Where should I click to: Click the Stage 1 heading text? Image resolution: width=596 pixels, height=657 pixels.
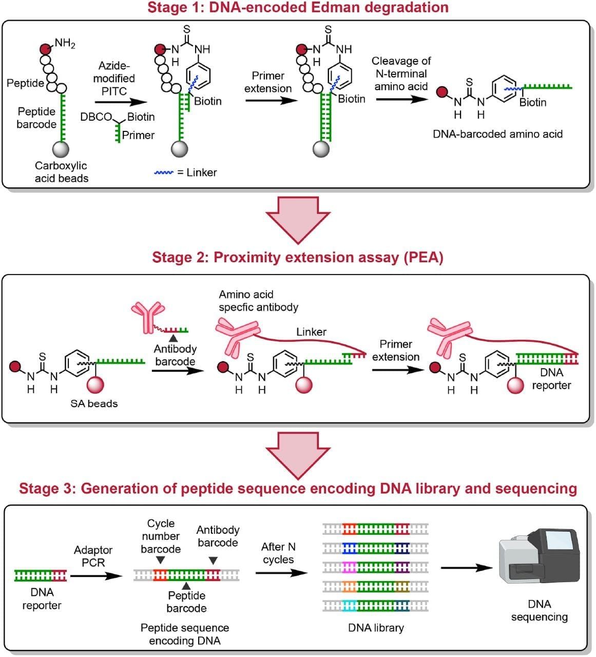298,8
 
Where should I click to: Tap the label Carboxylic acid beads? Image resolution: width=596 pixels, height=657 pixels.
61,172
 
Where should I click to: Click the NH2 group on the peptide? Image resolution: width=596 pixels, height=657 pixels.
65,43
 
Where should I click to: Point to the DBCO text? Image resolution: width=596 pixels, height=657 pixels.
95,117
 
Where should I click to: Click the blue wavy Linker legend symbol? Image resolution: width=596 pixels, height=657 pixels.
164,173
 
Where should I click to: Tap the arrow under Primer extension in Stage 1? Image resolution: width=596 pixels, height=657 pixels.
271,100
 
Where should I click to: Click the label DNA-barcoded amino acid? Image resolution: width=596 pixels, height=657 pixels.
497,134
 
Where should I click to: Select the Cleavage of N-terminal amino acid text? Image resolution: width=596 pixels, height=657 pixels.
401,73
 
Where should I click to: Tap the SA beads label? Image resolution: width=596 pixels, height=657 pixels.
94,404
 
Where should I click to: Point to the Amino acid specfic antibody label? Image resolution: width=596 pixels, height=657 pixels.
258,301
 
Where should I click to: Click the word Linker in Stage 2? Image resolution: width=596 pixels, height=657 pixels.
311,332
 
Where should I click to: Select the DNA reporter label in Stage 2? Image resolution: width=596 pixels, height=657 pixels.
551,379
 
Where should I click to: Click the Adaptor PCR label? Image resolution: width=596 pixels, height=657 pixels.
93,556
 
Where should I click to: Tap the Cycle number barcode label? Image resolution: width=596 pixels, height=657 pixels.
161,536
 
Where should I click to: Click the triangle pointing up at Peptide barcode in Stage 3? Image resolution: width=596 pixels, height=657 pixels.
186,586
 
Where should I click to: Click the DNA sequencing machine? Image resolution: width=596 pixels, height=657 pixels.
540,556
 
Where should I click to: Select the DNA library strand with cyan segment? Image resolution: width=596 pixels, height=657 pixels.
375,606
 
